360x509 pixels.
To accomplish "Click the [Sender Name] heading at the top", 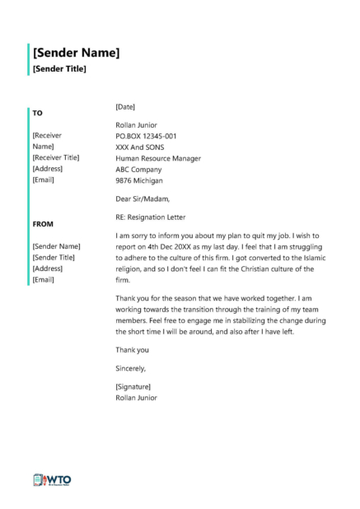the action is (x=76, y=53).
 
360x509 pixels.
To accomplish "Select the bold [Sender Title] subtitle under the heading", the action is (x=59, y=70).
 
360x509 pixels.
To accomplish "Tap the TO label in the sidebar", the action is (x=38, y=112).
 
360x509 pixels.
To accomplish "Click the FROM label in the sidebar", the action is (x=43, y=223).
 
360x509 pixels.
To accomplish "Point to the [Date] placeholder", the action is (x=126, y=107).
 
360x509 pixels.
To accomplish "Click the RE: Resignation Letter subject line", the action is (x=152, y=217).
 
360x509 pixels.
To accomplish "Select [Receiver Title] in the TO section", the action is (x=56, y=156).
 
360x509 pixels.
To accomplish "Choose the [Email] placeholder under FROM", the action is (x=43, y=279).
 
